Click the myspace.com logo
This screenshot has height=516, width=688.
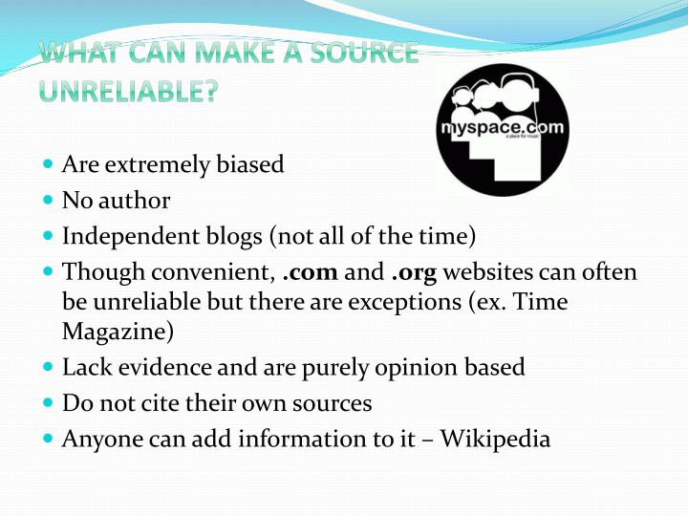[502, 130]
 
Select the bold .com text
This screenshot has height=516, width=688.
[312, 272]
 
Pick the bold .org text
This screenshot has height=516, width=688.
[414, 272]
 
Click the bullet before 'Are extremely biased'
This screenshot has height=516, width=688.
[49, 163]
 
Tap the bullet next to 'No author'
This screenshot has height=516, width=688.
[49, 200]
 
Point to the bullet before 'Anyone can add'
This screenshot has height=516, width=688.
[49, 439]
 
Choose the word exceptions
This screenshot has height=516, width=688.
[486, 302]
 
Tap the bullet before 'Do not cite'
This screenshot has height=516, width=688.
[49, 402]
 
